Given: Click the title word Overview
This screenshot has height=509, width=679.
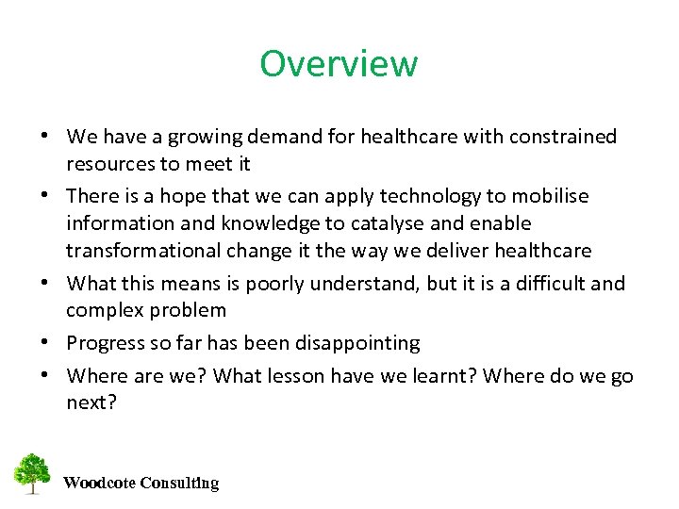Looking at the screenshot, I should (x=339, y=64).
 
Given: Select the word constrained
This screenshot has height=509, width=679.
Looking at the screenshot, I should (x=563, y=138).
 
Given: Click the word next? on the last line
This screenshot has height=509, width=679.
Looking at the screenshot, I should (x=91, y=402).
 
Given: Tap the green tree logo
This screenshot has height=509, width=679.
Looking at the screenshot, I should (x=32, y=473).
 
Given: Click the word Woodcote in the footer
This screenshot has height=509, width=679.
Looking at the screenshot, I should (x=99, y=484).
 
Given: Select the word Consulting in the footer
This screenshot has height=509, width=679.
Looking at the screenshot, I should (x=179, y=484).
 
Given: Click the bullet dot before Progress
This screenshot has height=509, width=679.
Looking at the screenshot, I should (x=45, y=343).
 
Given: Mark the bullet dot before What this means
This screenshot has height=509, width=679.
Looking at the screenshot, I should (x=45, y=284).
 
